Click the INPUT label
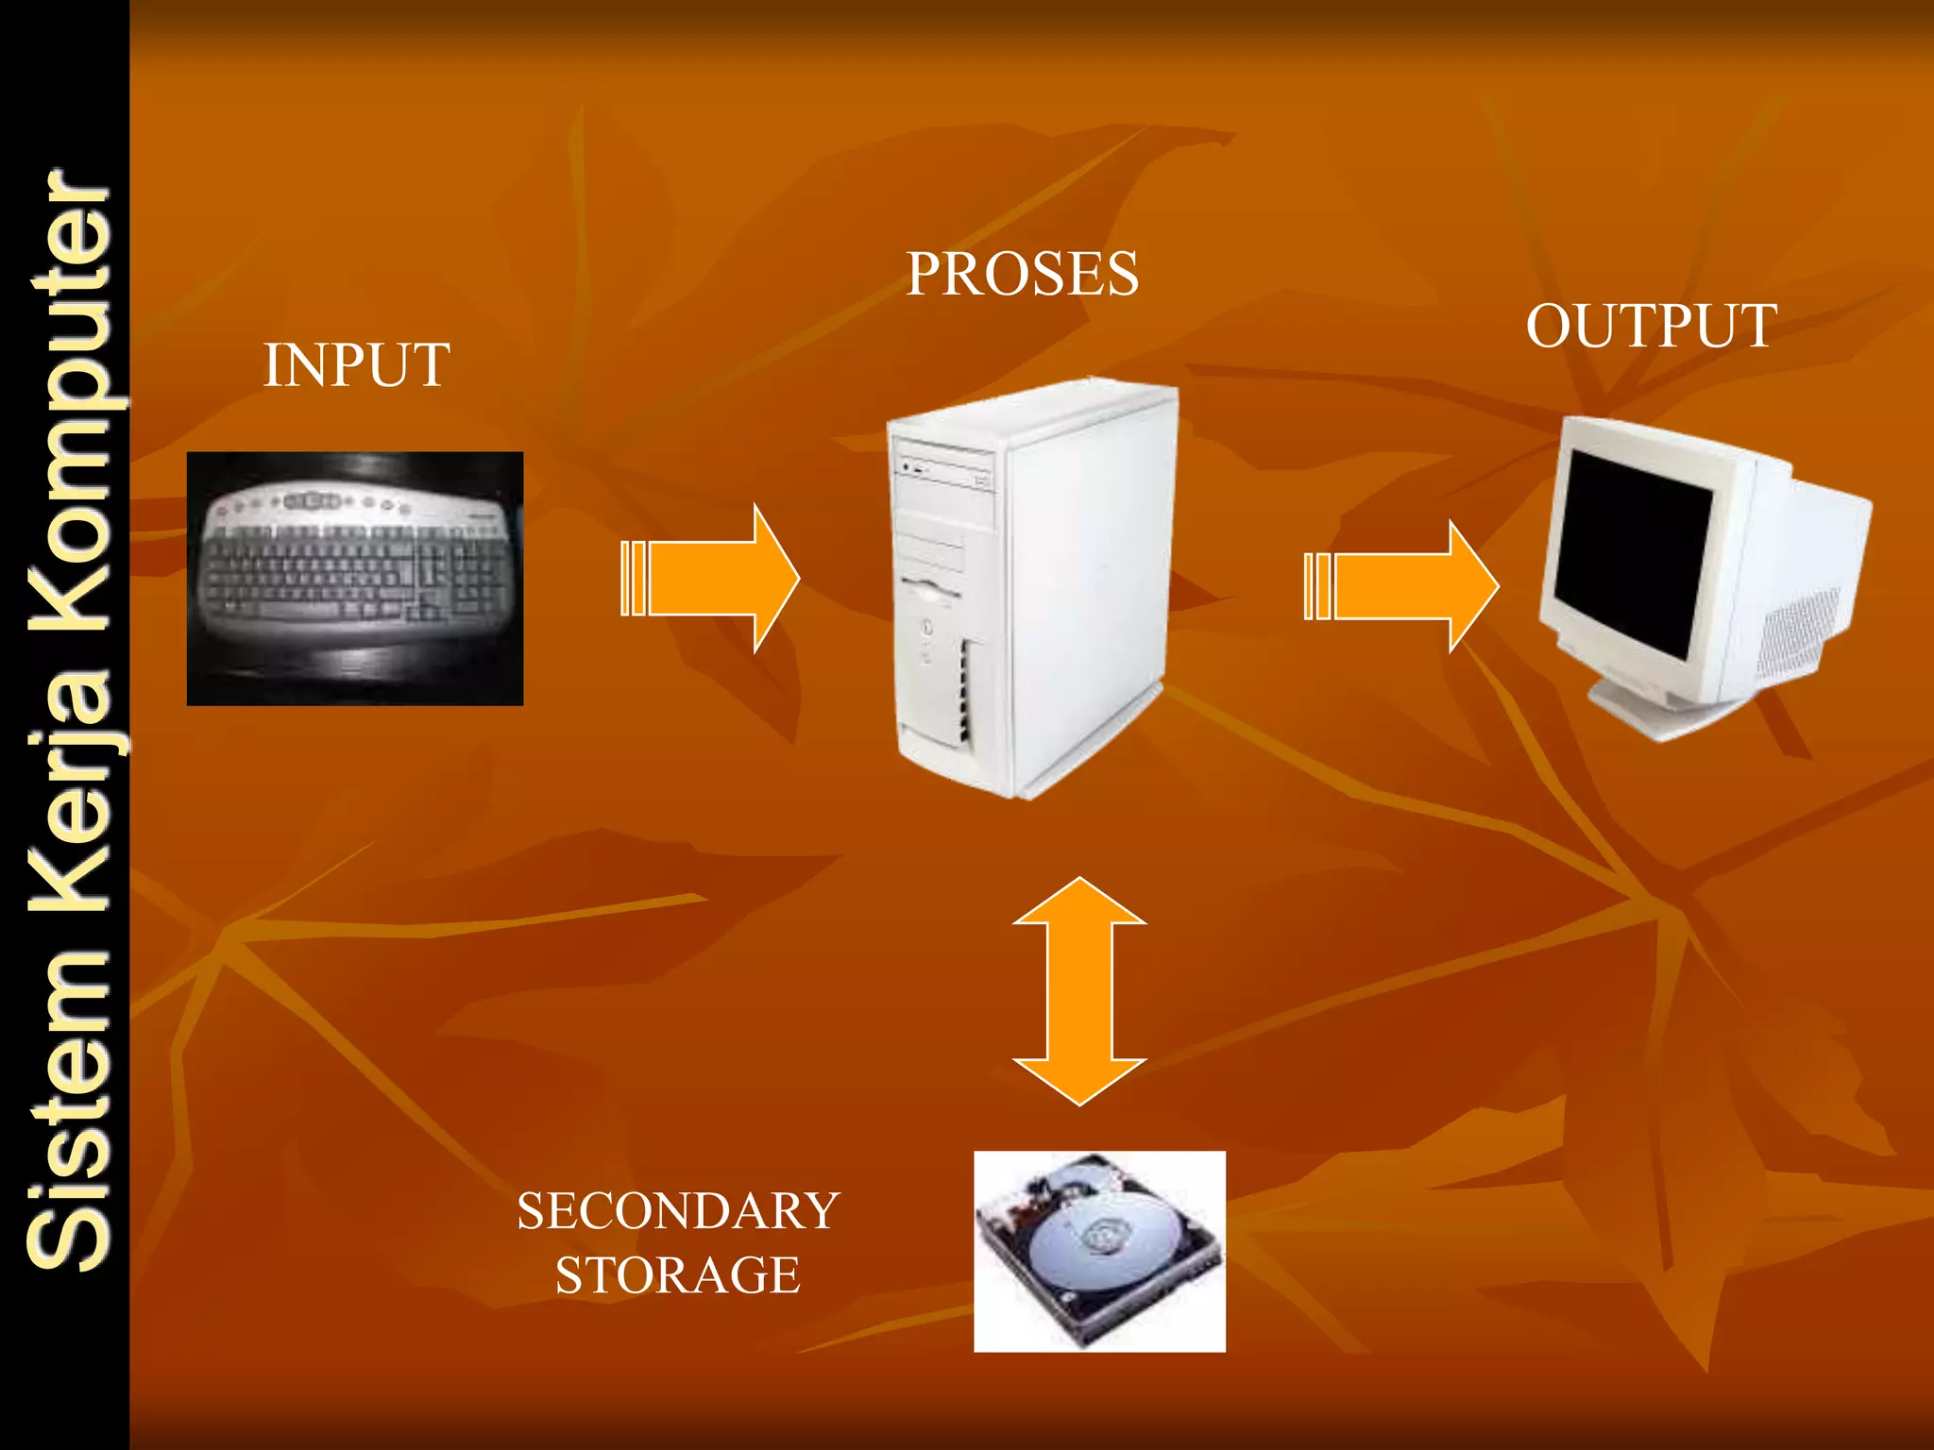point(356,365)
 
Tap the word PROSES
point(1023,275)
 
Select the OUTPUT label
point(1651,327)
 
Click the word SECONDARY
point(678,1211)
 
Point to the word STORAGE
point(678,1275)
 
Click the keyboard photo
point(355,578)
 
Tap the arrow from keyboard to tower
point(711,579)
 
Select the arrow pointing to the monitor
point(1402,586)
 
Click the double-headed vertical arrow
point(1079,991)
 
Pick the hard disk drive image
point(1099,1251)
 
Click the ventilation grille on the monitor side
point(1800,632)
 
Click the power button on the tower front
point(927,626)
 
